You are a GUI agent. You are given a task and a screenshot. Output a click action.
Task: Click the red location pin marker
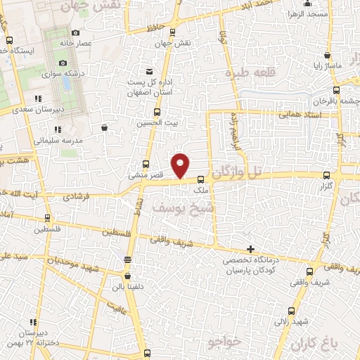pos(181,165)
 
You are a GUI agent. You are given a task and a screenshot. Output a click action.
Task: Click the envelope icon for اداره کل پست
pos(148,72)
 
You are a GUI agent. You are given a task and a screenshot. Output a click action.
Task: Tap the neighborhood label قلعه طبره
pos(247,71)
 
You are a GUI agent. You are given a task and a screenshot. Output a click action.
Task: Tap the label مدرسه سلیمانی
pos(60,140)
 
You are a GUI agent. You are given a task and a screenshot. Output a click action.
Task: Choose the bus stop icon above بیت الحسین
pos(155,111)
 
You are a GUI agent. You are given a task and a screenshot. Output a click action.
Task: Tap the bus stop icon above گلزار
pos(325,176)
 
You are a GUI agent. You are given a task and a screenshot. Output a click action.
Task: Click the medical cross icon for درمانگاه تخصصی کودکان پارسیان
pos(250,249)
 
